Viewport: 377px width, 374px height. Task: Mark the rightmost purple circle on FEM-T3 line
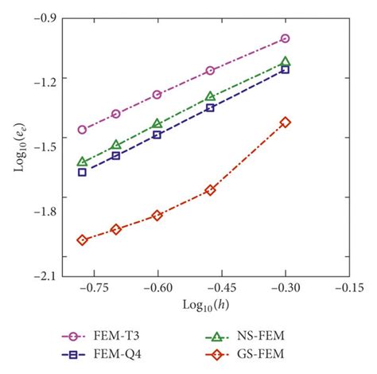point(286,38)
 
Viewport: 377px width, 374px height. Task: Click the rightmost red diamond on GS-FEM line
point(286,122)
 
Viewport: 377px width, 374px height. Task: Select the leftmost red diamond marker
point(82,240)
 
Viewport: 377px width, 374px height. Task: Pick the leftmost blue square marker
point(82,172)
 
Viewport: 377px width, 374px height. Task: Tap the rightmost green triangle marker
point(286,61)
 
